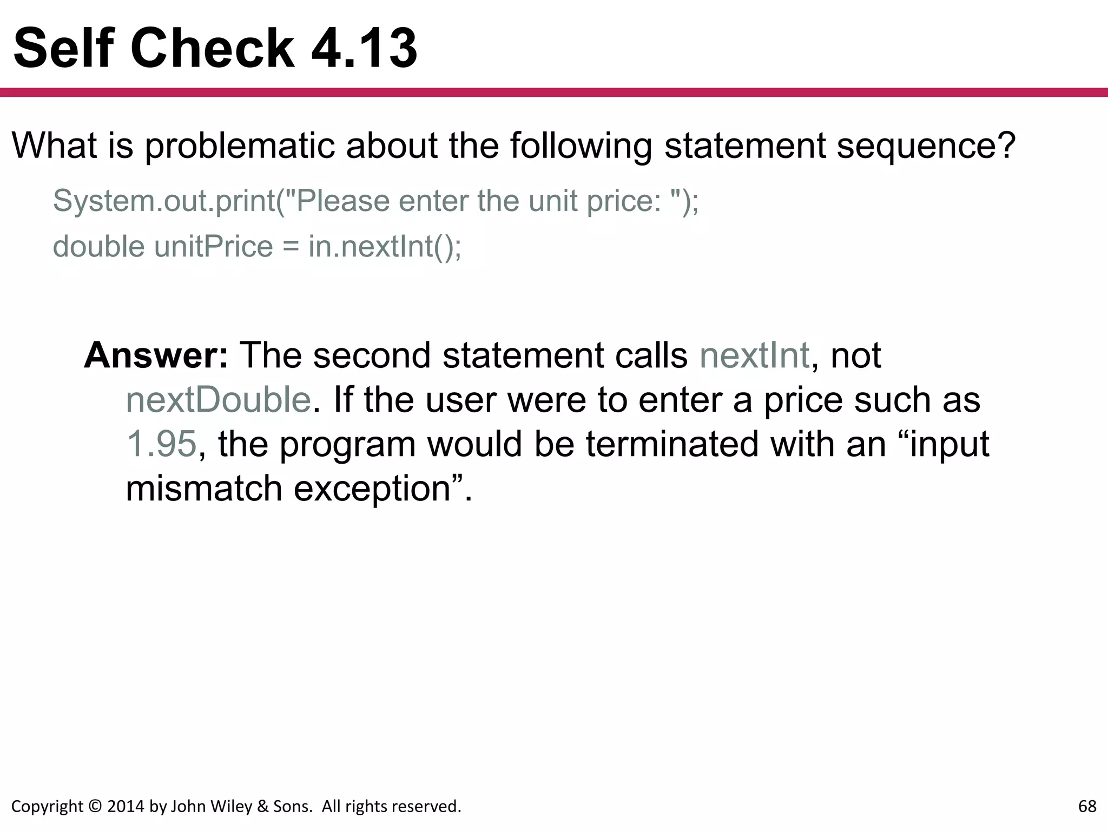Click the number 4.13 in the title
point(364,49)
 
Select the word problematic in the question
point(239,146)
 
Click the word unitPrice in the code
point(213,247)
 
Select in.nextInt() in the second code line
point(385,247)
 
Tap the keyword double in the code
point(99,247)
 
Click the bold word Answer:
point(156,355)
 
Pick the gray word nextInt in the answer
point(754,355)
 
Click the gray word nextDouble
point(218,400)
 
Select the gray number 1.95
point(161,444)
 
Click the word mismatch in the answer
point(204,489)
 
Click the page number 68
point(1087,807)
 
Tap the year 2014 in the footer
point(126,807)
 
